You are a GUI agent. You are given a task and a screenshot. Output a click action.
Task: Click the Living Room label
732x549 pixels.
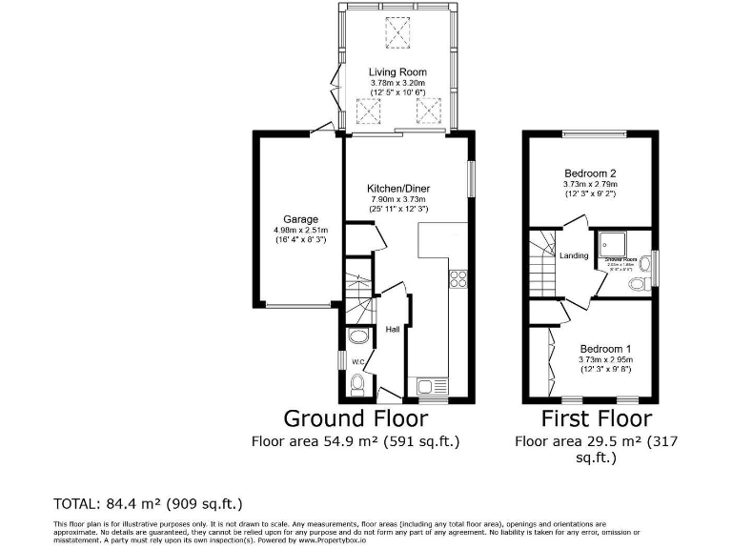[398, 72]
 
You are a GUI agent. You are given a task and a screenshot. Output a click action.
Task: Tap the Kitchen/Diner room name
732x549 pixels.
[402, 188]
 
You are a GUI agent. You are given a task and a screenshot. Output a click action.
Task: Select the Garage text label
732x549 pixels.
[300, 219]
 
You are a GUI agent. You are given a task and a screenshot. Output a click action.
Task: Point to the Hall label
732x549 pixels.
[392, 330]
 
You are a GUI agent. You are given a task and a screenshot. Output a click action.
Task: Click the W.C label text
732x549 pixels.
[359, 362]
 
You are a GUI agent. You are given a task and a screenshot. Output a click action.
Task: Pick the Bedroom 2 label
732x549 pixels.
[590, 173]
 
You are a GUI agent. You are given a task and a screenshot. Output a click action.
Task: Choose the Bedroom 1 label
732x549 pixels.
[605, 348]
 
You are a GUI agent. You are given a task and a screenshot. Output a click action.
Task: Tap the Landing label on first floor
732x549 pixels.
[574, 255]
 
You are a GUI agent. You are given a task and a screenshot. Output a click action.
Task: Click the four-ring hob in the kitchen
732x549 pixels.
[457, 279]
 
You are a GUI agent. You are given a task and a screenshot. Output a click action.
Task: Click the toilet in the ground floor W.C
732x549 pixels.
[356, 383]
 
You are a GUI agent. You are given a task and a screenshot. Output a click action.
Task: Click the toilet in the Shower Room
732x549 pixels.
[643, 261]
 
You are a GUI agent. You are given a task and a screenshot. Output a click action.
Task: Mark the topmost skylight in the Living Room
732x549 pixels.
[397, 33]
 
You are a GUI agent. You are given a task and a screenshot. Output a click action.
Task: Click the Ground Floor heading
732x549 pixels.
[352, 418]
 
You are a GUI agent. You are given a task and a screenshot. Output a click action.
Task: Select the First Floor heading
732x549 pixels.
[596, 418]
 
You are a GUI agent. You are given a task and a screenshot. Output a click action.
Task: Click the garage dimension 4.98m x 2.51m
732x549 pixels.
[300, 230]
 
